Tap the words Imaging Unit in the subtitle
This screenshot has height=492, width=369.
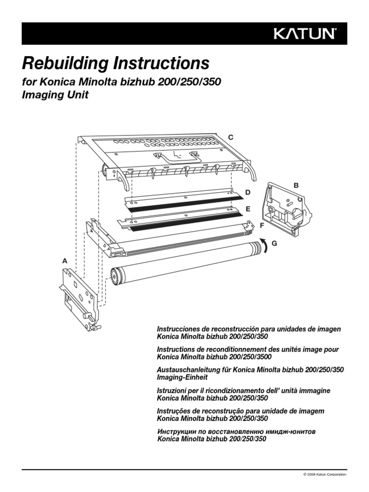(x=56, y=95)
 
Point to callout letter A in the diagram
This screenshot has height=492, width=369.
(x=65, y=260)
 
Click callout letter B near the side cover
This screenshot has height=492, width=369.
(x=296, y=185)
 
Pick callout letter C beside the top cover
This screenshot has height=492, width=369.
(x=231, y=137)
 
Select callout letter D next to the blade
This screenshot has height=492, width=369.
(x=248, y=192)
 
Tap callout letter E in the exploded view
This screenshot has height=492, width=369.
(x=248, y=209)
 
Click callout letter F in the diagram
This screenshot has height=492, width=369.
(x=262, y=225)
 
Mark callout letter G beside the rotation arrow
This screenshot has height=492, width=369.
(x=274, y=244)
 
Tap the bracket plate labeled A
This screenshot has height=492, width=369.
(x=79, y=295)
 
